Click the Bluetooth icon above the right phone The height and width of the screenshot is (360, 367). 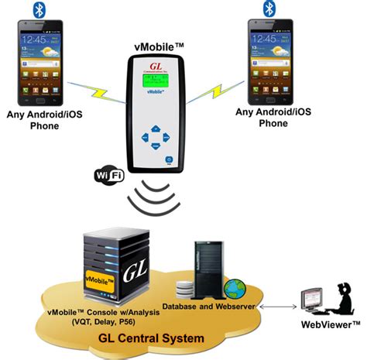(269, 9)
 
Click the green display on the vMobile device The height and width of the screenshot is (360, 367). (153, 83)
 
